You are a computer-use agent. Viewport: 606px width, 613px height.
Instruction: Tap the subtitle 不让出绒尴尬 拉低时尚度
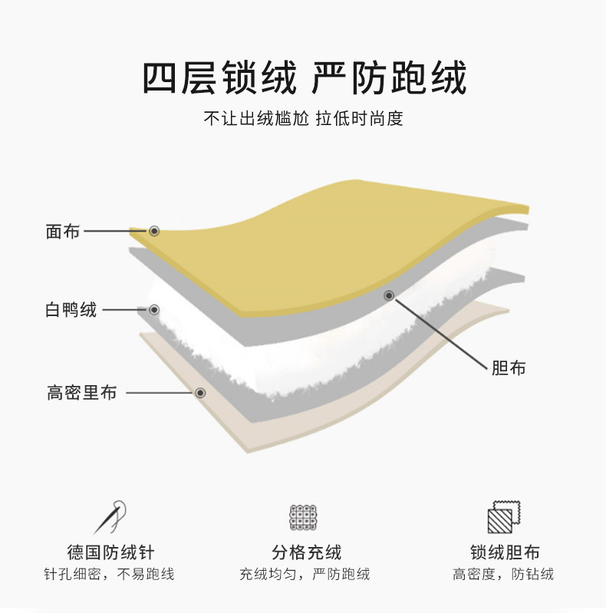[x=303, y=120]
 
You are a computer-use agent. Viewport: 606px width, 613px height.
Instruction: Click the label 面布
[x=62, y=231]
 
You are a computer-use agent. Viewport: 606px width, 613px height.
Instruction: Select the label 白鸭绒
[x=71, y=310]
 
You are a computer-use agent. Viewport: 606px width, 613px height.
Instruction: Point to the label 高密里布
[x=81, y=393]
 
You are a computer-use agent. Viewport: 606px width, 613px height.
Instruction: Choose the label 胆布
[x=509, y=367]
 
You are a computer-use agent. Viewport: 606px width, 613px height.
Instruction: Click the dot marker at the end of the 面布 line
[x=154, y=230]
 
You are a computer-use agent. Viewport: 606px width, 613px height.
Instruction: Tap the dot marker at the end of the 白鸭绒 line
[x=154, y=310]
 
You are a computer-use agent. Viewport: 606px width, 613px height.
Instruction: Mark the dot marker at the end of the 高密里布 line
[x=200, y=393]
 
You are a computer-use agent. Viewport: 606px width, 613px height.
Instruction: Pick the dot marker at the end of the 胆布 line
[x=389, y=295]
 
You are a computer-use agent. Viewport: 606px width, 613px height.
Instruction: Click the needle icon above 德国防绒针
[x=110, y=516]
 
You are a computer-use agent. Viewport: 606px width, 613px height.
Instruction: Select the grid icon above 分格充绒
[x=304, y=517]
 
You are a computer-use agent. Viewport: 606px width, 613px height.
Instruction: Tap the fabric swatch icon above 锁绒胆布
[x=503, y=516]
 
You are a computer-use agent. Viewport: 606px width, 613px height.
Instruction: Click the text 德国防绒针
[x=110, y=552]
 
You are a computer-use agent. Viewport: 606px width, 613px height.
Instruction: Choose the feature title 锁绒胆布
[x=504, y=552]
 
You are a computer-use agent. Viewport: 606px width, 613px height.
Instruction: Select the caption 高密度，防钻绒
[x=503, y=574]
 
